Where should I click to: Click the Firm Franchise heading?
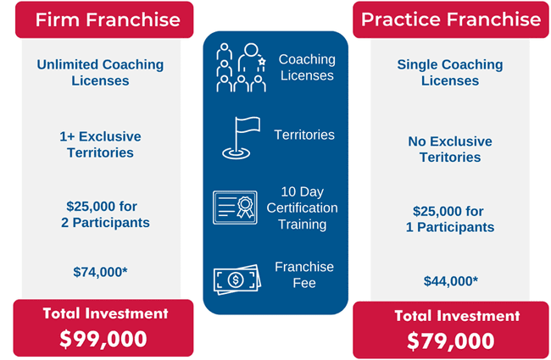tap(108, 19)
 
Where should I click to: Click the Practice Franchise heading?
tap(451, 19)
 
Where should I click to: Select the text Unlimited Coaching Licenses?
tap(100, 72)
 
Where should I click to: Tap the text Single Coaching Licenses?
tap(450, 72)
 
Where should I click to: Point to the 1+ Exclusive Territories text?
tap(100, 144)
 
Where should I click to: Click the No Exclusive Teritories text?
tap(450, 149)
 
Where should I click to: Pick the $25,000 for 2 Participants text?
tap(105, 214)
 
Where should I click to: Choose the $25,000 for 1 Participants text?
tap(450, 219)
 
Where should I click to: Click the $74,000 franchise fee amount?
tap(100, 272)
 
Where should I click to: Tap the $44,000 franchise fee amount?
tap(450, 281)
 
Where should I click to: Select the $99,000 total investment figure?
tap(103, 340)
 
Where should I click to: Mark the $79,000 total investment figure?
tap(450, 341)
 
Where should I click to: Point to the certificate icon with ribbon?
tap(235, 208)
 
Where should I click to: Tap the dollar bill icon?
tap(237, 280)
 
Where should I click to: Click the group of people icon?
tap(241, 68)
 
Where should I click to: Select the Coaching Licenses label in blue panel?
tap(307, 68)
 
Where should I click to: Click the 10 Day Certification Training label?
tap(302, 208)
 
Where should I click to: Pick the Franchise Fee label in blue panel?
tap(304, 274)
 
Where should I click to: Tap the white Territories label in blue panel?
tap(304, 135)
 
